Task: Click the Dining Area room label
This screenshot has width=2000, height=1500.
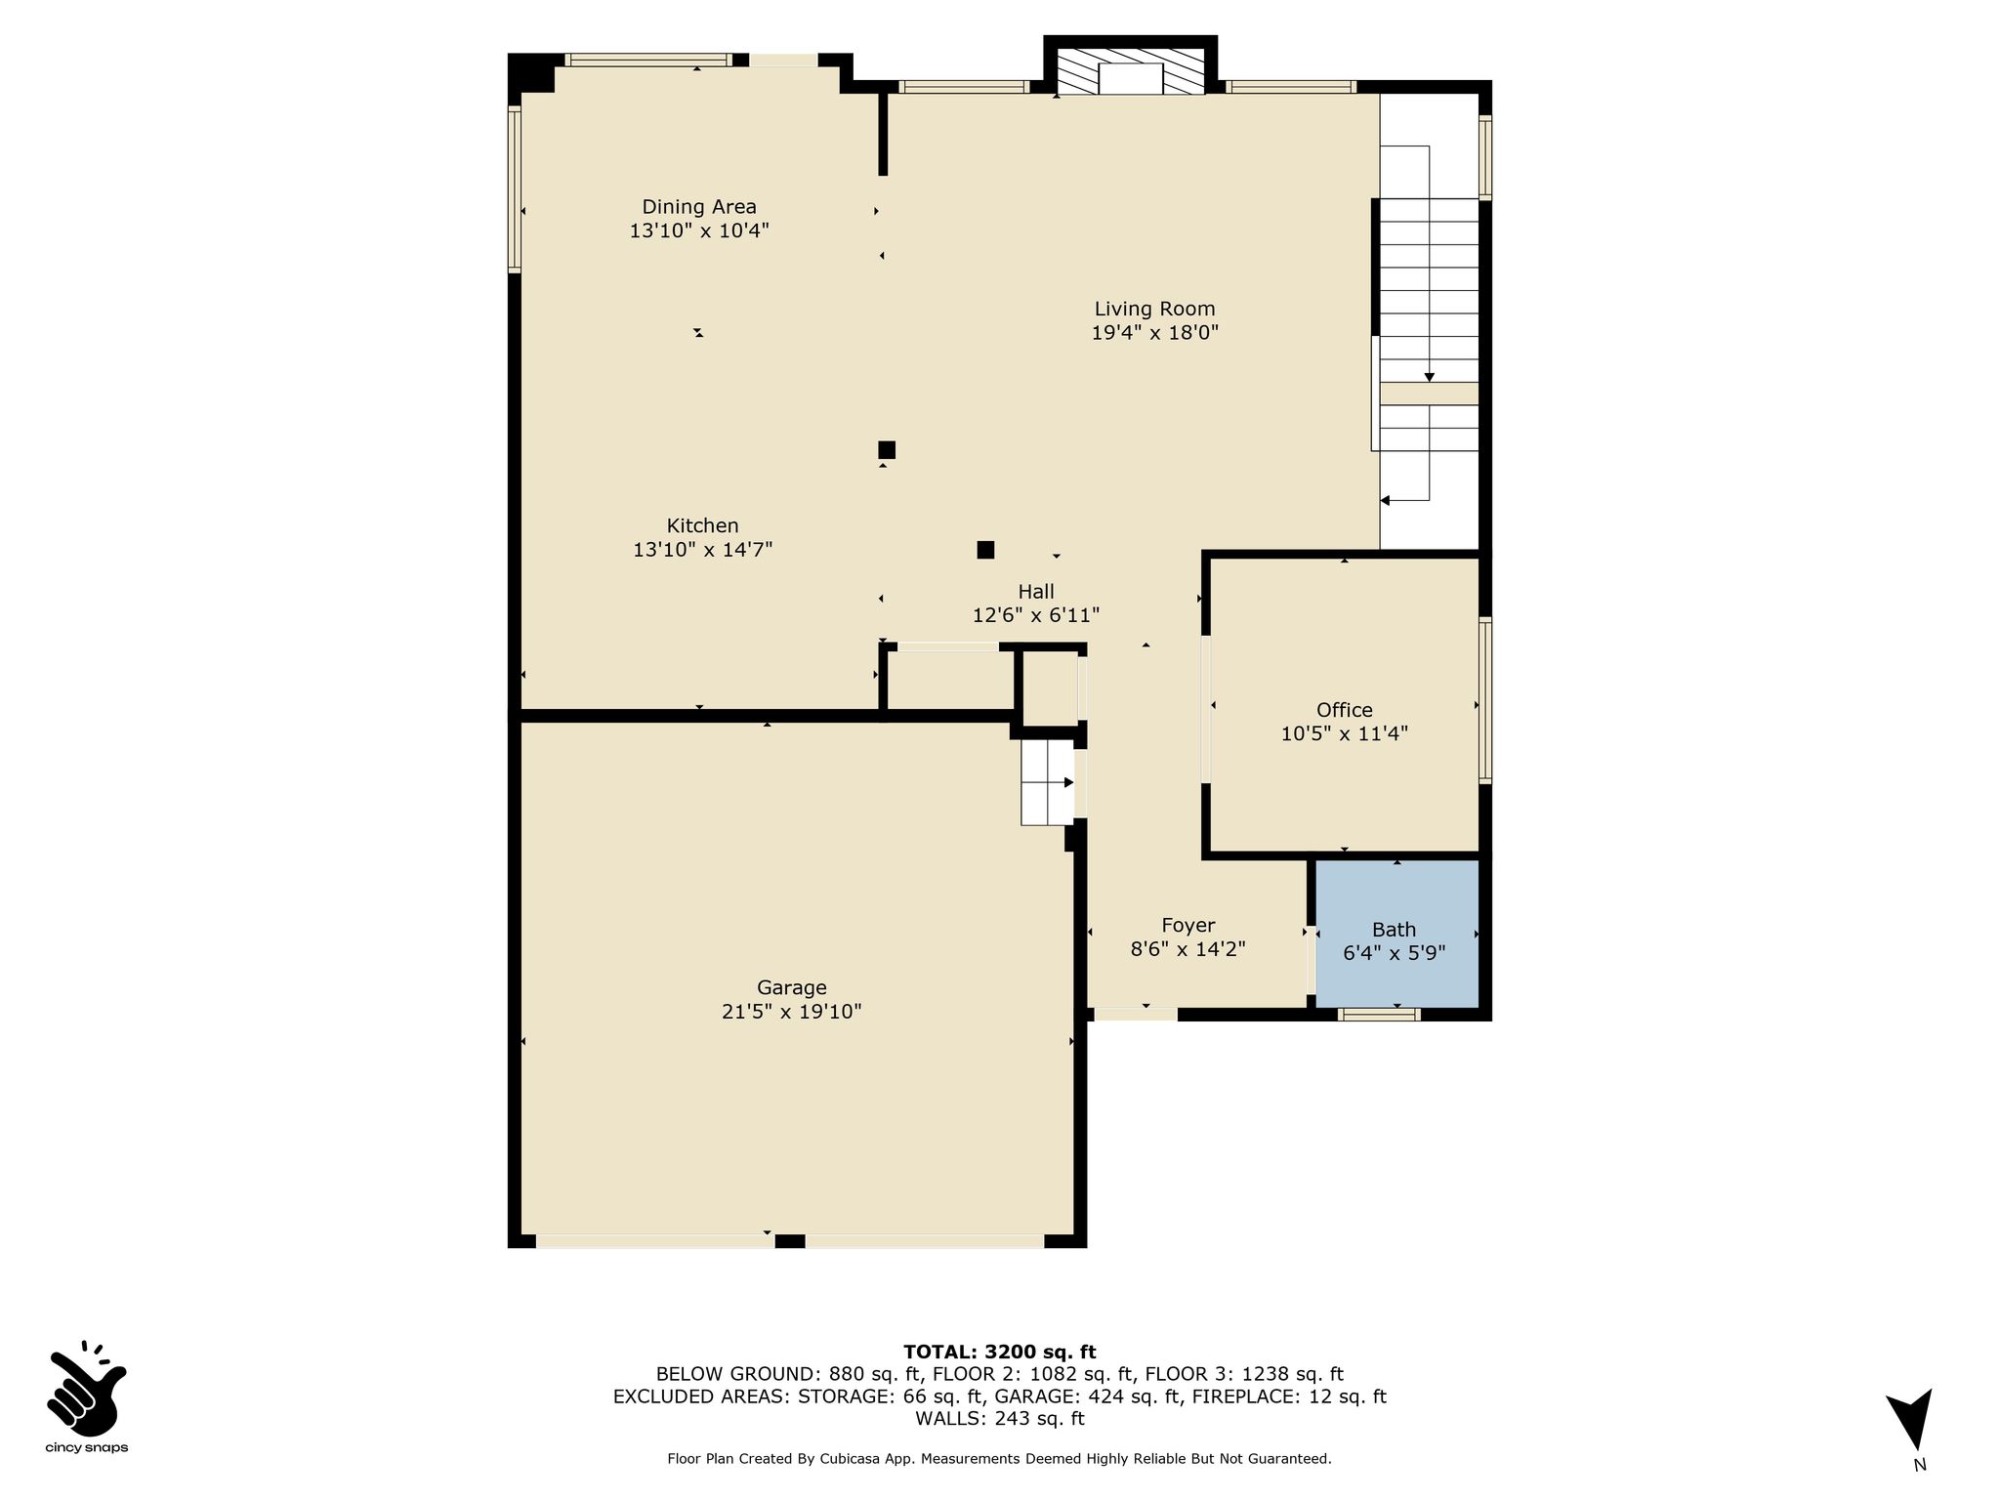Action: [x=699, y=207]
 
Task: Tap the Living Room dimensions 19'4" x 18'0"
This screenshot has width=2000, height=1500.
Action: [x=1155, y=333]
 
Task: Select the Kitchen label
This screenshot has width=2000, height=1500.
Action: [x=703, y=525]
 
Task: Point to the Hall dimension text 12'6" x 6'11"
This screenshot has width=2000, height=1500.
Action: [x=1036, y=615]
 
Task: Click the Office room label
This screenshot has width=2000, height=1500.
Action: [x=1345, y=710]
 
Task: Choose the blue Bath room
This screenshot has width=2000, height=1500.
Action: [x=1397, y=934]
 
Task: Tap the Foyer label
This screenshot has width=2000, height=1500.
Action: [x=1188, y=925]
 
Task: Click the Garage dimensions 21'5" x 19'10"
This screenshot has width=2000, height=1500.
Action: [x=792, y=1012]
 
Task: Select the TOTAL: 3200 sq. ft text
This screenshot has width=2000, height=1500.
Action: [x=1000, y=1353]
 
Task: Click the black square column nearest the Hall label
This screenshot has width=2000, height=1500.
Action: [x=985, y=550]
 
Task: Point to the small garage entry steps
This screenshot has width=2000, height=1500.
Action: [x=1048, y=782]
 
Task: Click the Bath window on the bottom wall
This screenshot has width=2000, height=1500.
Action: [x=1378, y=1015]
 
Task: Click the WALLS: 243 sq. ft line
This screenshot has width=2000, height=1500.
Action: [x=1000, y=1419]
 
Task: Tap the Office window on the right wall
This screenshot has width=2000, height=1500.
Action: [x=1485, y=700]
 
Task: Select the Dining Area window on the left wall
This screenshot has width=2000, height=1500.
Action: [x=515, y=187]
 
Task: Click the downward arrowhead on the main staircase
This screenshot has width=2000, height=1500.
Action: [x=1430, y=377]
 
